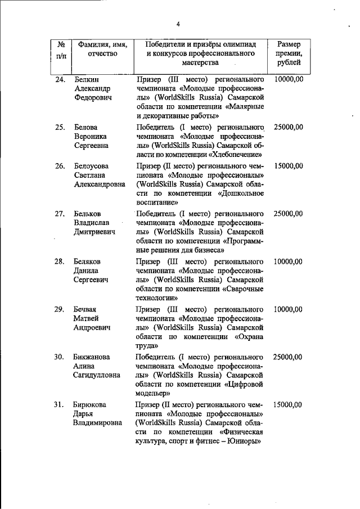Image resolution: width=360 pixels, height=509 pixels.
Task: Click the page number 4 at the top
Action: (x=177, y=24)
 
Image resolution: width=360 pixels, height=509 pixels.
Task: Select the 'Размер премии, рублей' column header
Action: (x=289, y=54)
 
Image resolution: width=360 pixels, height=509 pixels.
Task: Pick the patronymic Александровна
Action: (x=100, y=184)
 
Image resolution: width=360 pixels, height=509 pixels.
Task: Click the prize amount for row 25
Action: (x=288, y=128)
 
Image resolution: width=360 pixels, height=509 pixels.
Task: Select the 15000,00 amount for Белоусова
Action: (x=288, y=166)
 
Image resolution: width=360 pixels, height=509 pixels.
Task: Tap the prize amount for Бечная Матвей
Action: (x=288, y=309)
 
